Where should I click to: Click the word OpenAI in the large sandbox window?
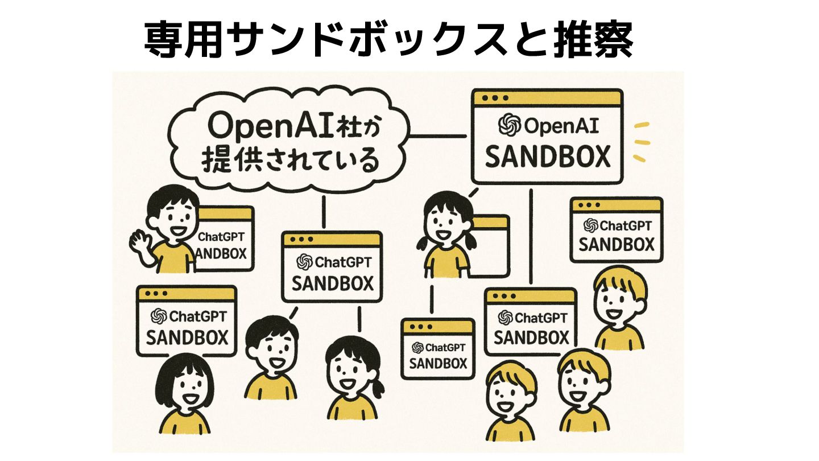[560, 126]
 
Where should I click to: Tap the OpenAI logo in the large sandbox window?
[507, 126]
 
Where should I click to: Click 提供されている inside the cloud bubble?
[290, 160]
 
